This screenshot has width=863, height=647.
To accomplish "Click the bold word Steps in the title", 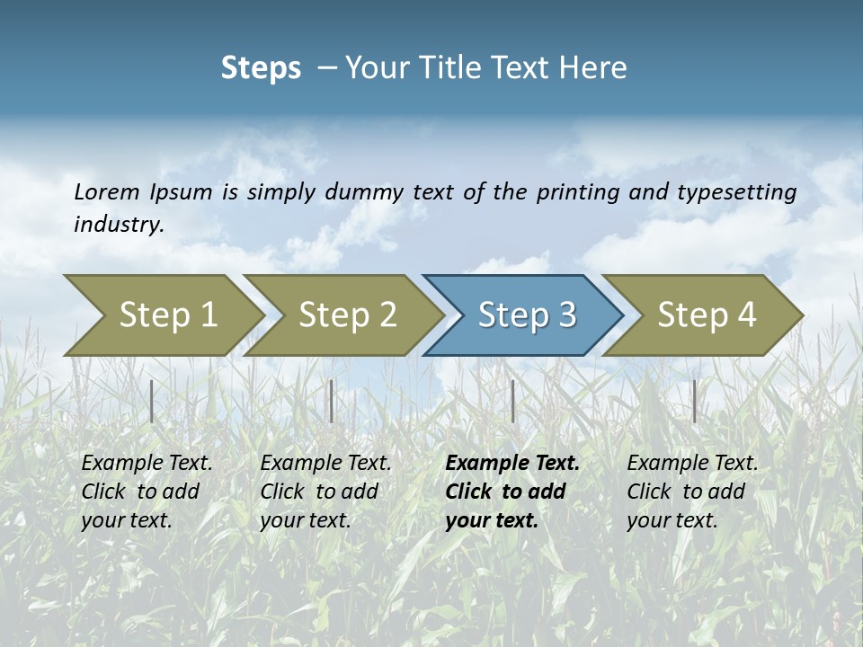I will pyautogui.click(x=261, y=68).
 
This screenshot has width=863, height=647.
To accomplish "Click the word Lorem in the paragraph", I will pyautogui.click(x=107, y=191).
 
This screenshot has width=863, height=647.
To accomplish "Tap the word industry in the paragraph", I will pyautogui.click(x=118, y=225).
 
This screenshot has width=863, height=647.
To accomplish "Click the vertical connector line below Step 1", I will pyautogui.click(x=152, y=401).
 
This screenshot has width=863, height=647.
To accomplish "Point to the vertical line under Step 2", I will pyautogui.click(x=332, y=401).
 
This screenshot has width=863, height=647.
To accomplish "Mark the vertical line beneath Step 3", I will pyautogui.click(x=512, y=401).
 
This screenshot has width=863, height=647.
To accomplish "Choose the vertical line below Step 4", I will pyautogui.click(x=694, y=401).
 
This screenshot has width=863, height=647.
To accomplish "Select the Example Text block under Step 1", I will pyautogui.click(x=147, y=492).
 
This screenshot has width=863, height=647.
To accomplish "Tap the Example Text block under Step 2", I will pyautogui.click(x=325, y=492).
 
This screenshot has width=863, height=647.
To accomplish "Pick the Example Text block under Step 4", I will pyautogui.click(x=692, y=492).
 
